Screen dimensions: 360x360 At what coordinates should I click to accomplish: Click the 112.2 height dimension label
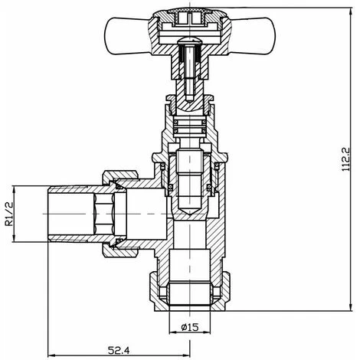click(x=347, y=159)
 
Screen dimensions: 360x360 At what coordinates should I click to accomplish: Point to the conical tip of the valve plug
click(x=188, y=208)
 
